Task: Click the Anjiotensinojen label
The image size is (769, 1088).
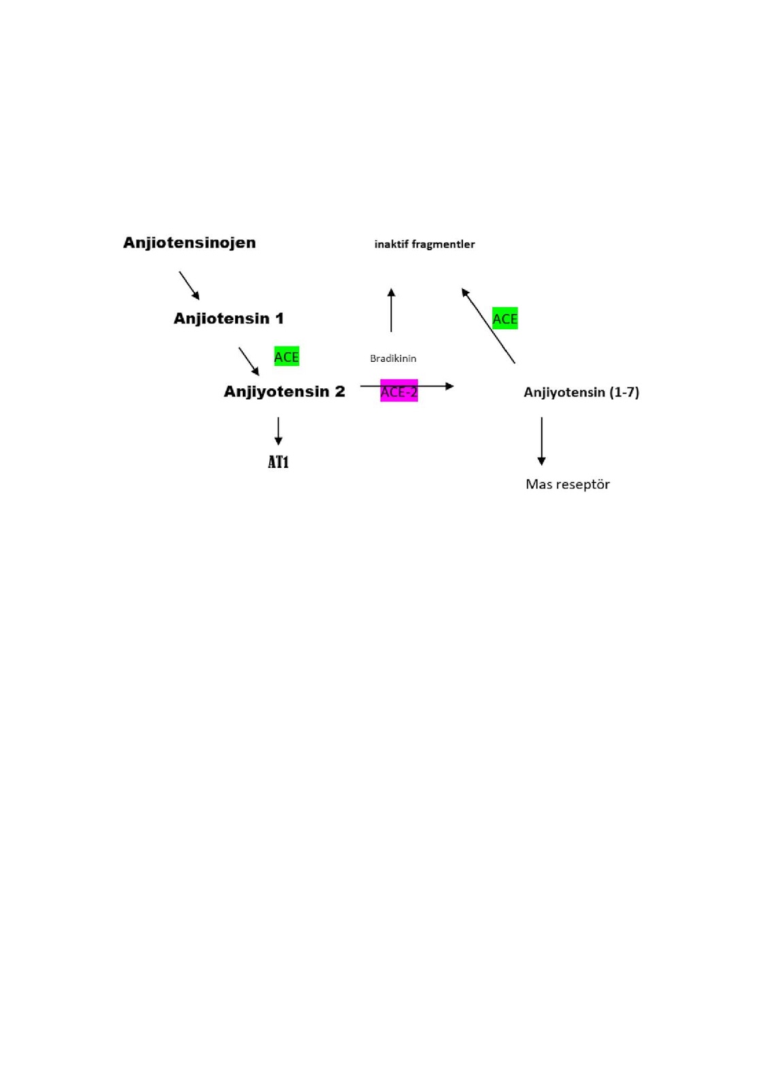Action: [189, 243]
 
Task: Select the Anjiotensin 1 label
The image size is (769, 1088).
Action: [228, 318]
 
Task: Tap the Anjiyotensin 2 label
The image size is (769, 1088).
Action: [284, 392]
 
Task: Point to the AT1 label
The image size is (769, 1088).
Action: [278, 462]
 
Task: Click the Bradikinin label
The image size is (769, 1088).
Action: [393, 358]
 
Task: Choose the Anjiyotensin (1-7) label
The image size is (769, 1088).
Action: [581, 392]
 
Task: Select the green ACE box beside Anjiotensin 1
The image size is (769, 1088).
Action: [286, 357]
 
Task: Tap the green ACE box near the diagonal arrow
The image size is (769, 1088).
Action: [505, 319]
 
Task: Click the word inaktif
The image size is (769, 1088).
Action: [392, 244]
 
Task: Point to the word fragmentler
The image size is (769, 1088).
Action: [444, 244]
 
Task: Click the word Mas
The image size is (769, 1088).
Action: [539, 484]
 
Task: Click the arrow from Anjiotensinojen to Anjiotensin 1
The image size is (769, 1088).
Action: [189, 286]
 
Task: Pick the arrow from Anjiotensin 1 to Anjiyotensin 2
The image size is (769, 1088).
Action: [249, 361]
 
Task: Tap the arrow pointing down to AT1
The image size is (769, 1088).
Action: [278, 431]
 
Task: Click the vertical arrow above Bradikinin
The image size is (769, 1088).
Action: [391, 310]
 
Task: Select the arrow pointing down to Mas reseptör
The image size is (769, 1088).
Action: [541, 441]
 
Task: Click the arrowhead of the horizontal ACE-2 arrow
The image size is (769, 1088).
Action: [449, 386]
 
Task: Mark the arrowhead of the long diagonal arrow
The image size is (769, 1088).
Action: [465, 292]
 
